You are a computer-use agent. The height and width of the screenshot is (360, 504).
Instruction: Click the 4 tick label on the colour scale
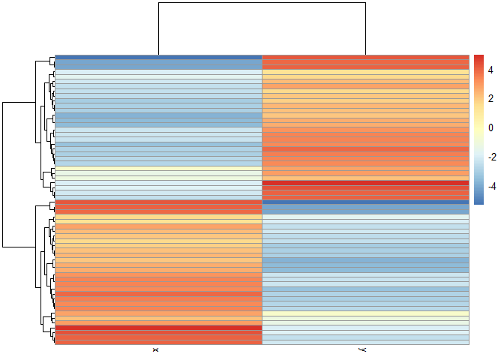(490, 69)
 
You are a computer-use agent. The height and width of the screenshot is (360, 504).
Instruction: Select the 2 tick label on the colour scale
(490, 98)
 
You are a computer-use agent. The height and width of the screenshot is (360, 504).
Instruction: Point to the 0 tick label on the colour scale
(490, 127)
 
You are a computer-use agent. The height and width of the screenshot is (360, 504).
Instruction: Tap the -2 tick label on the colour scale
(492, 157)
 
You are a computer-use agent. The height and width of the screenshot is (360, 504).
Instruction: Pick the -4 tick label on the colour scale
(492, 186)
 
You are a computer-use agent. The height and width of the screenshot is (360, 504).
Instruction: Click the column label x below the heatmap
(155, 350)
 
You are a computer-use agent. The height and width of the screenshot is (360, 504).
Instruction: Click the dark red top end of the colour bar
(478, 58)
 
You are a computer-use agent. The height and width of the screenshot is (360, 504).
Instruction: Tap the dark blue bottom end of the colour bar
(478, 202)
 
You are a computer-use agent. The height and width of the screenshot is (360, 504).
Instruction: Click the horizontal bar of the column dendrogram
(261, 3)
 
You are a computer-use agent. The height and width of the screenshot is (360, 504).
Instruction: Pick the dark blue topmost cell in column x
(158, 58)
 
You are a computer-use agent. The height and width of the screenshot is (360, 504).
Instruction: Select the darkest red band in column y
(365, 184)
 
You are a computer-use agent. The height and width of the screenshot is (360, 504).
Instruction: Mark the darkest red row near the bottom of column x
(158, 328)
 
